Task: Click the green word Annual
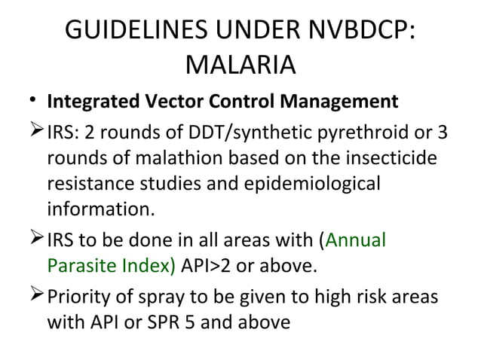[x=356, y=241]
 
